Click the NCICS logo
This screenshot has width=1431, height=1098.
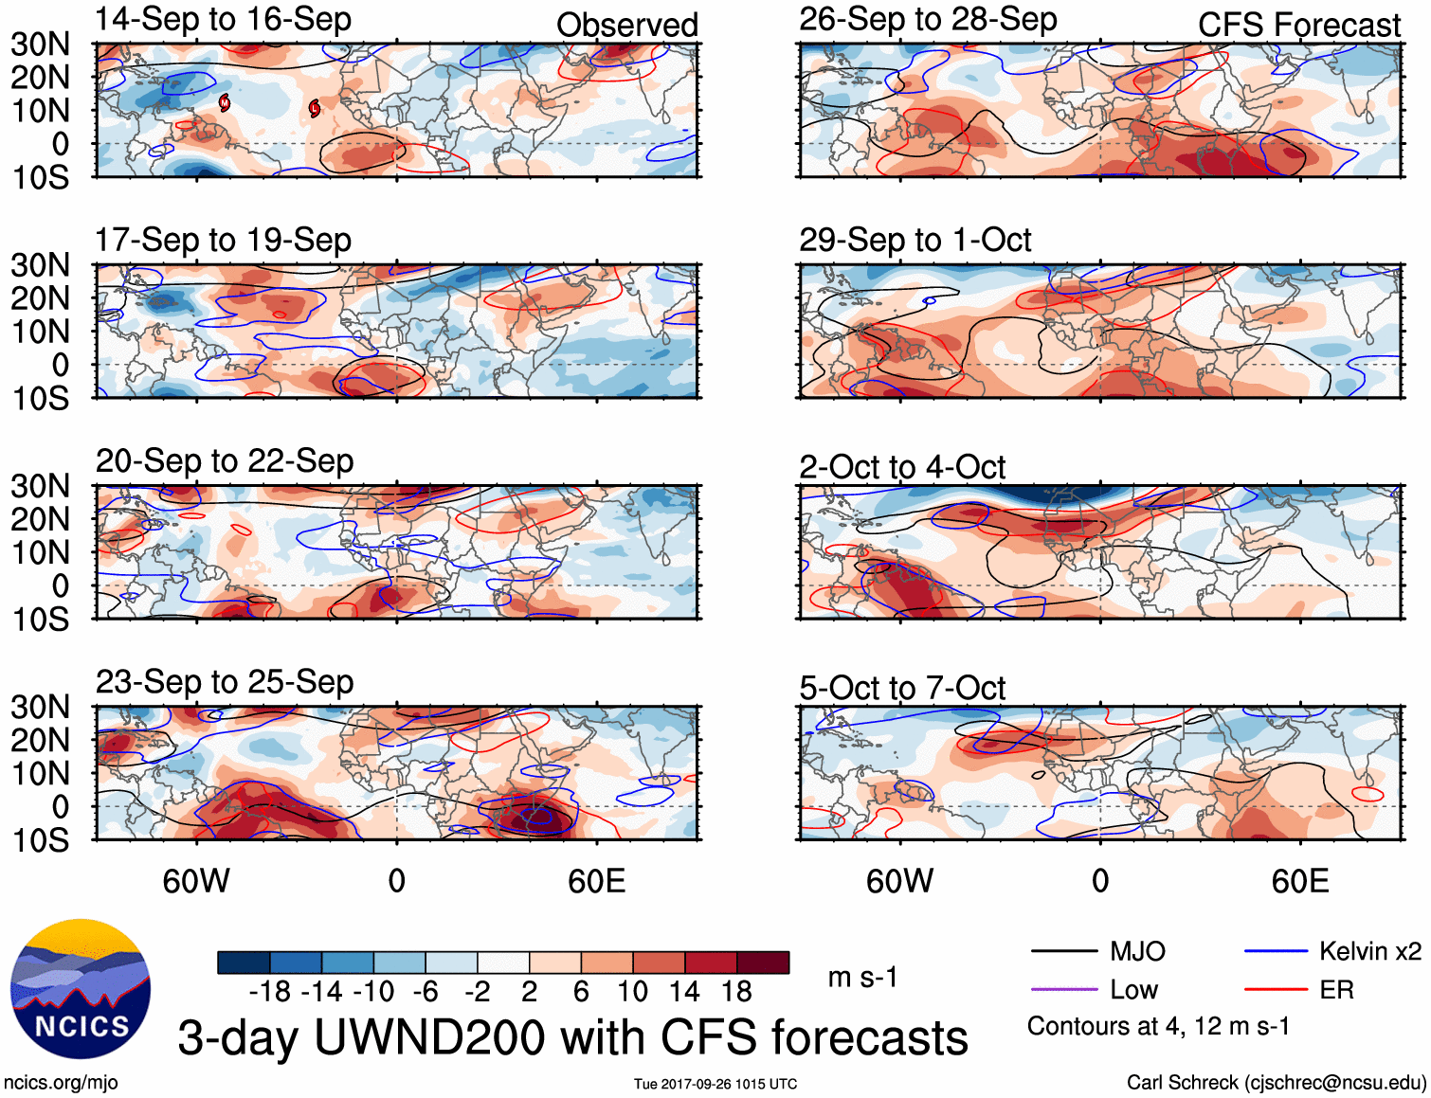(x=81, y=989)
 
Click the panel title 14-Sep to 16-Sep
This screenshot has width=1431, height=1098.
(x=224, y=19)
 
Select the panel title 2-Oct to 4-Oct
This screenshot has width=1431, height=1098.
(x=901, y=467)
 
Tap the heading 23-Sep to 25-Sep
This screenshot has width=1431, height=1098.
(x=225, y=682)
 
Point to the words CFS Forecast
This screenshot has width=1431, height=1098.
(x=1298, y=26)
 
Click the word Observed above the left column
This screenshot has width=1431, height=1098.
(x=626, y=26)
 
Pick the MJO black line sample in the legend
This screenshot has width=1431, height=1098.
(x=1063, y=951)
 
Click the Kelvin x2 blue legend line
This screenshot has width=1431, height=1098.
(x=1276, y=951)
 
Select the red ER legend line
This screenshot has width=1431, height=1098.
(x=1276, y=990)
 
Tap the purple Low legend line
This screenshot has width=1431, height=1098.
(x=1063, y=990)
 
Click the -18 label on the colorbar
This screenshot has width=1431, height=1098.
(x=270, y=992)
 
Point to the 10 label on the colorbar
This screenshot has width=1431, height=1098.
(x=633, y=992)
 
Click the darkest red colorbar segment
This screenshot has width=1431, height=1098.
(x=763, y=963)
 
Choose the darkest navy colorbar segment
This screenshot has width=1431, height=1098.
(x=244, y=963)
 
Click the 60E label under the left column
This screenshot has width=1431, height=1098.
(x=596, y=882)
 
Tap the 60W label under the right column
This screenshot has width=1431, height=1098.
(x=899, y=882)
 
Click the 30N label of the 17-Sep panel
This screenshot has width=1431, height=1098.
(x=40, y=265)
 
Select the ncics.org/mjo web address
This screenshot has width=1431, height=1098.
(x=61, y=1082)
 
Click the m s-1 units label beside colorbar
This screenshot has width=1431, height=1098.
(x=862, y=977)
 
